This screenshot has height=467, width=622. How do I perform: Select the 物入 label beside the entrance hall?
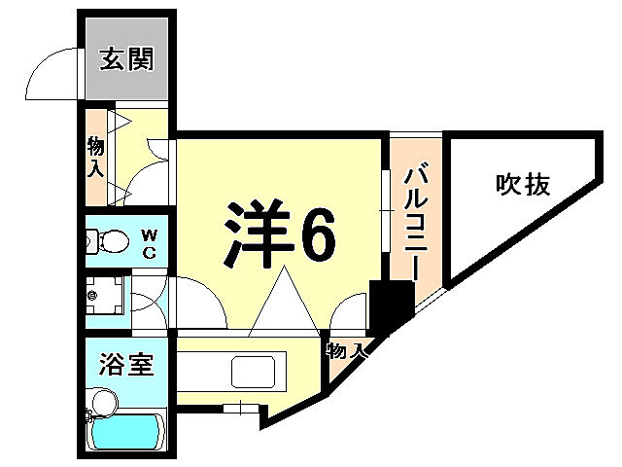[x=96, y=157]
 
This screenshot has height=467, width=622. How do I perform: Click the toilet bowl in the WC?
[x=112, y=239]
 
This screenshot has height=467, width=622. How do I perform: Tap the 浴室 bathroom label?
[x=125, y=365]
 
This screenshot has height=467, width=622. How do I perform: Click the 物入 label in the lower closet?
[x=346, y=350]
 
